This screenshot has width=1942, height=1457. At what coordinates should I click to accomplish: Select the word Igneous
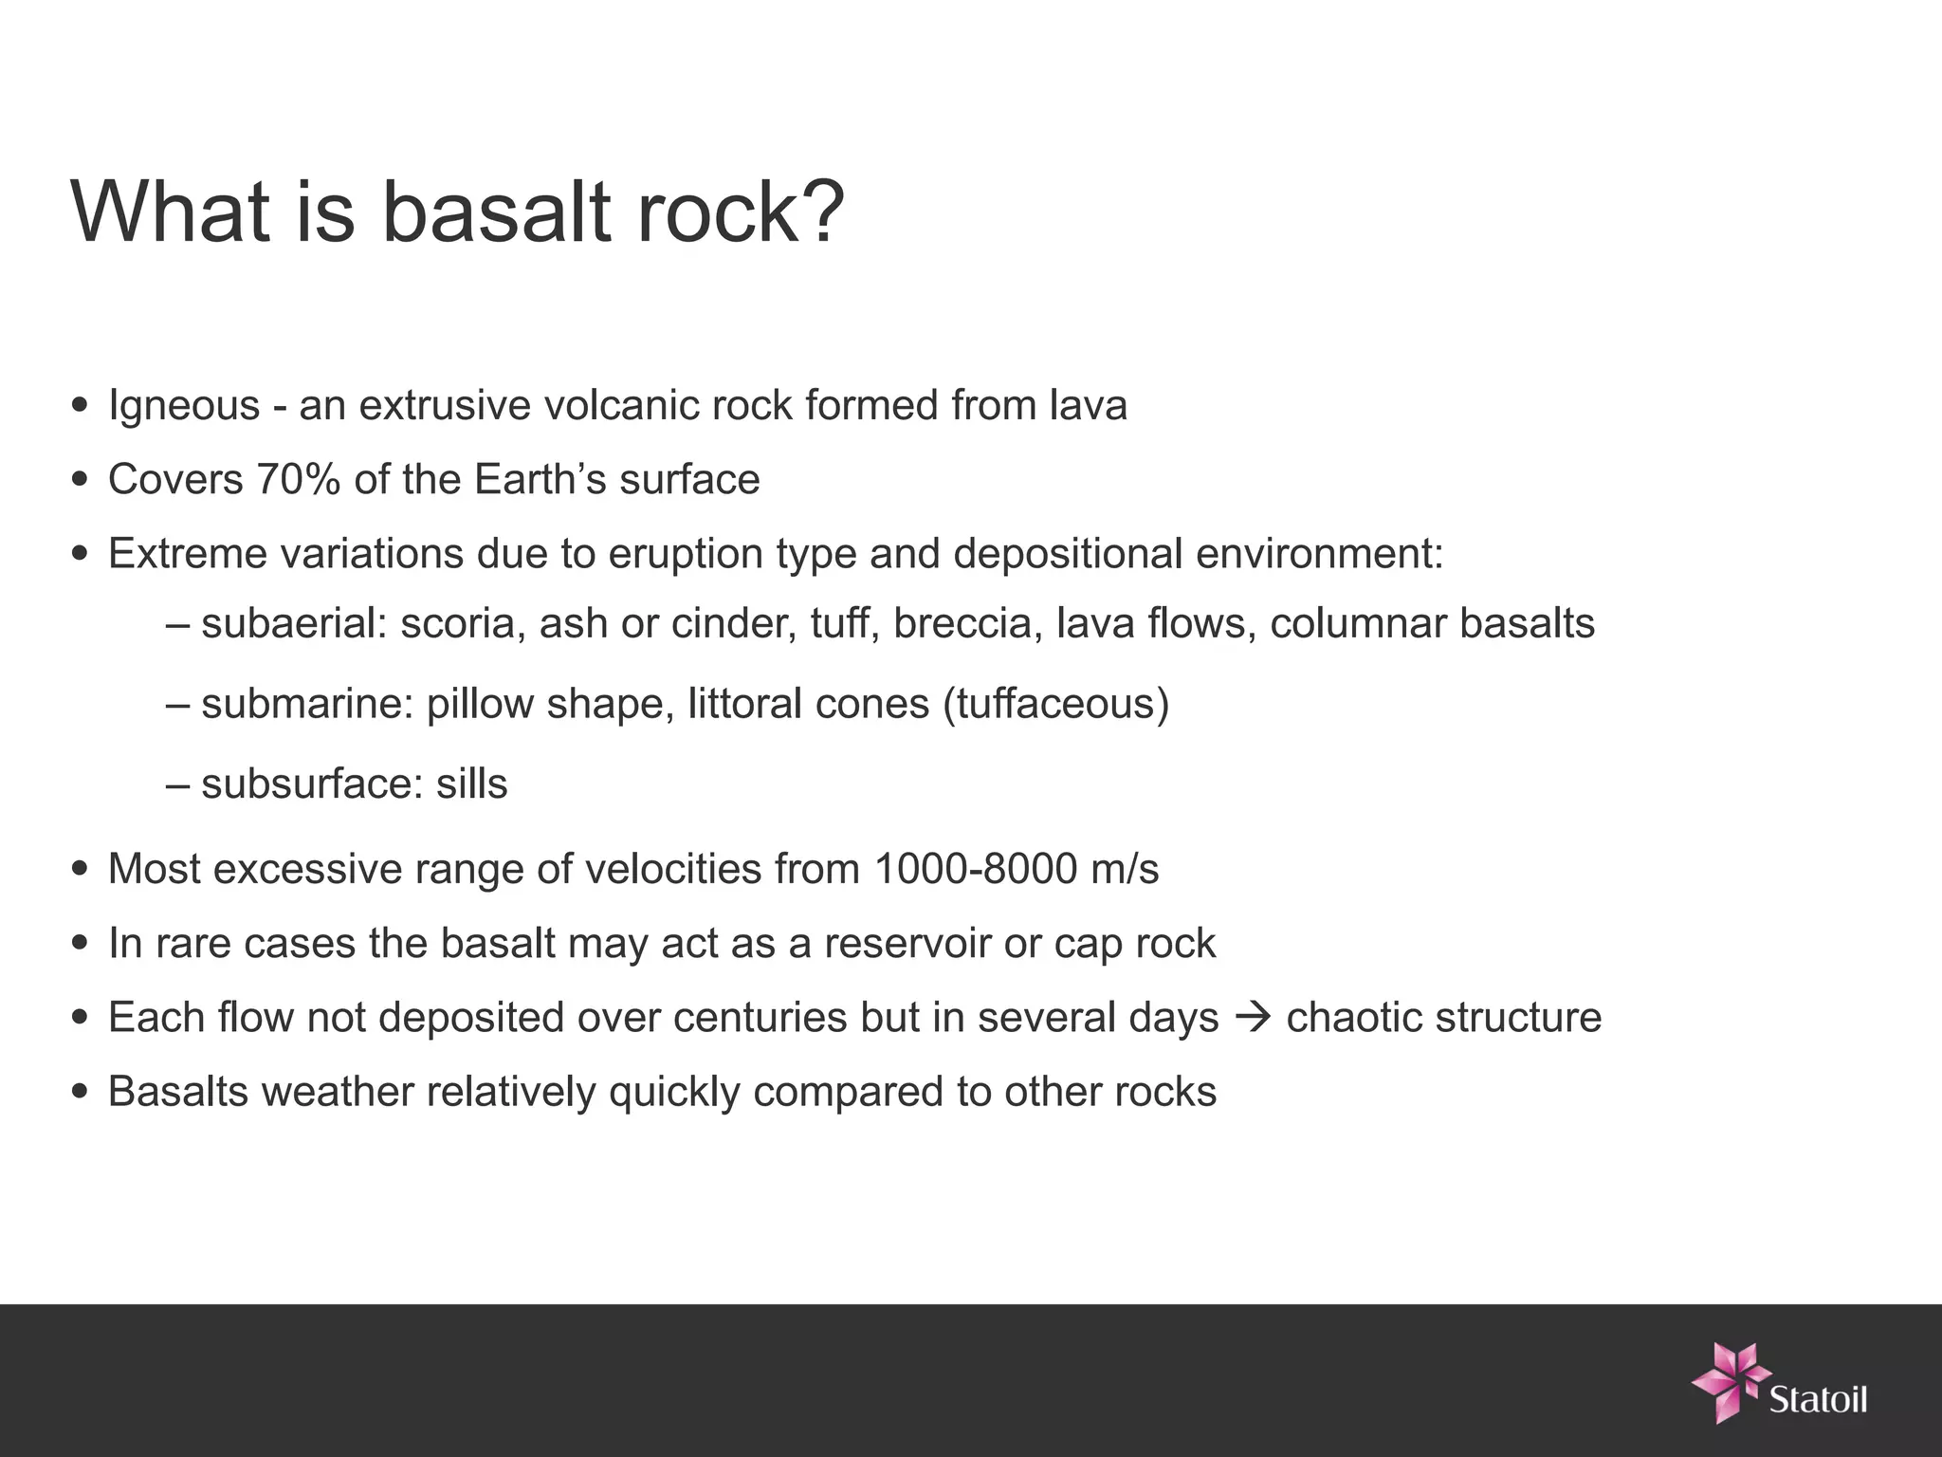[x=184, y=406]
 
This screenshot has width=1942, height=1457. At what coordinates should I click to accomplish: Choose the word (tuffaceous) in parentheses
[x=1056, y=704]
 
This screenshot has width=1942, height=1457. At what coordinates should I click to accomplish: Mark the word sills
[x=471, y=784]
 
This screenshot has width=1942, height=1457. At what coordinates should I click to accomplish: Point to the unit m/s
[x=1125, y=869]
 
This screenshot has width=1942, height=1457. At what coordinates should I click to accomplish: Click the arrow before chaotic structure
[x=1252, y=1018]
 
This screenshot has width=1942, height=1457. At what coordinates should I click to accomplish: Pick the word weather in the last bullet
[x=338, y=1092]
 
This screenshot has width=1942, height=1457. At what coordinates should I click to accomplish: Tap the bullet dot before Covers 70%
[x=80, y=480]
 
